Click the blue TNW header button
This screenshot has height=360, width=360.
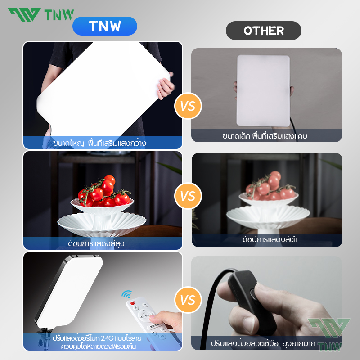tap(104, 26)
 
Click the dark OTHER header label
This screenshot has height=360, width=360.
tap(263, 31)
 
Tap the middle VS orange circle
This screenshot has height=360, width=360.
tap(188, 197)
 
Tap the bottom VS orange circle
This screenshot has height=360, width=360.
tap(188, 299)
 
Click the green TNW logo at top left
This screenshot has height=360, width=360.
tap(40, 14)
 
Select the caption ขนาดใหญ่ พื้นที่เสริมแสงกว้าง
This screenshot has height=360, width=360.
tap(99, 143)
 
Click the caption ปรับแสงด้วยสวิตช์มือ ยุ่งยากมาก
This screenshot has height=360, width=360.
tap(270, 343)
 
